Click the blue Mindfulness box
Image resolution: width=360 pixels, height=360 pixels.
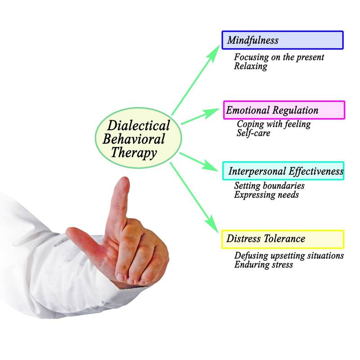click(x=283, y=40)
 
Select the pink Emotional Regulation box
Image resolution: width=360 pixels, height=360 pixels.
click(x=284, y=110)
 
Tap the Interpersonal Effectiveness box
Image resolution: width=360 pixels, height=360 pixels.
click(x=283, y=171)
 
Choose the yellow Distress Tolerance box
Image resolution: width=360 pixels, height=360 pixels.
click(x=283, y=239)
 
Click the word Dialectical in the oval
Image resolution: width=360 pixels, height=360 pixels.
click(x=139, y=126)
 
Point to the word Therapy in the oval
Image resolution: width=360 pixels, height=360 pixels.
click(x=134, y=153)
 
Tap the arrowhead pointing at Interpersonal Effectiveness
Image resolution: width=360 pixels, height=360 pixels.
click(x=210, y=166)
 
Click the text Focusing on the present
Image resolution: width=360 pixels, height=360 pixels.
click(x=279, y=57)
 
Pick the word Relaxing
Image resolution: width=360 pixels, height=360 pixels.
click(x=251, y=66)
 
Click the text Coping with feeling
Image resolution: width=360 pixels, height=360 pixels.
click(x=274, y=124)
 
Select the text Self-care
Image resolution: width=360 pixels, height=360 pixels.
click(x=253, y=133)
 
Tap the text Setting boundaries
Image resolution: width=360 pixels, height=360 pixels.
click(x=269, y=186)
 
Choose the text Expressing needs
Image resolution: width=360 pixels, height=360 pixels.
click(x=266, y=195)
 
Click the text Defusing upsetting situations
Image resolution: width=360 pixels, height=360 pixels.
click(x=289, y=255)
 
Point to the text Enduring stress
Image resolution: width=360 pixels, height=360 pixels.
click(x=264, y=264)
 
